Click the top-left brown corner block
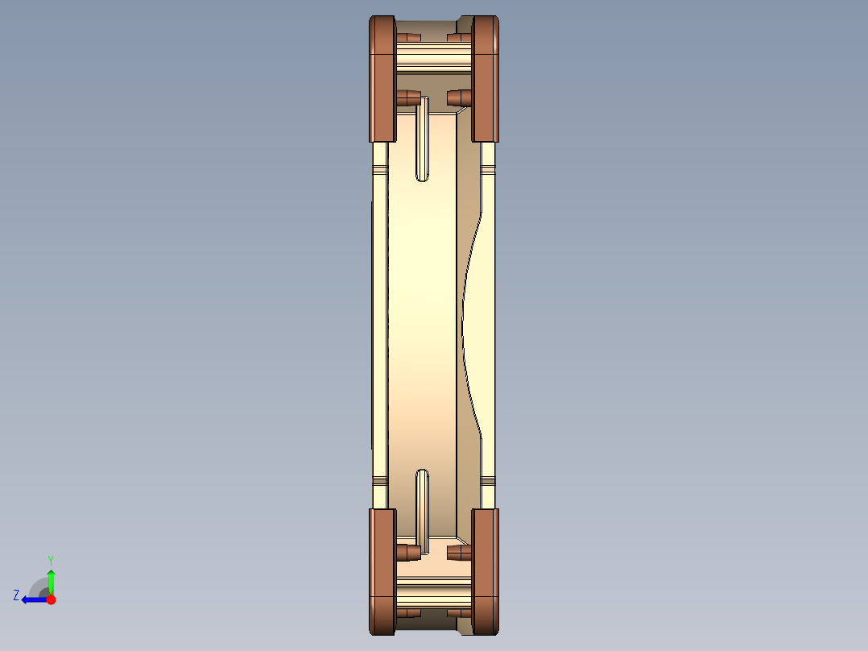click(382, 78)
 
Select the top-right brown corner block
click(486, 78)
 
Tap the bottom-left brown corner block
click(382, 570)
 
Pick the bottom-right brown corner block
click(486, 570)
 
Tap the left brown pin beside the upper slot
click(408, 98)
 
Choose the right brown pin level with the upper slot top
click(459, 97)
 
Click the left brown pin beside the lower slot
click(408, 552)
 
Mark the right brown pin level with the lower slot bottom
click(459, 553)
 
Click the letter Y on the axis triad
click(50, 559)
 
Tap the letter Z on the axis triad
click(16, 595)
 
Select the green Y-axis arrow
click(51, 580)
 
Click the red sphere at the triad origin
click(51, 599)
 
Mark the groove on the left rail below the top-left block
click(380, 169)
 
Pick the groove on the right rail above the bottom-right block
click(487, 482)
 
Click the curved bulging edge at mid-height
click(465, 322)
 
